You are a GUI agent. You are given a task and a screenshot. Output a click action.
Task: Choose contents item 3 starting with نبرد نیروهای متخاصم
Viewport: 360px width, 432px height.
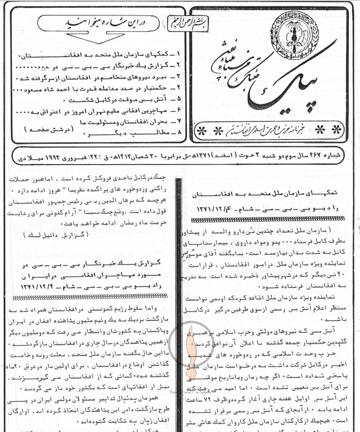click(x=104, y=78)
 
